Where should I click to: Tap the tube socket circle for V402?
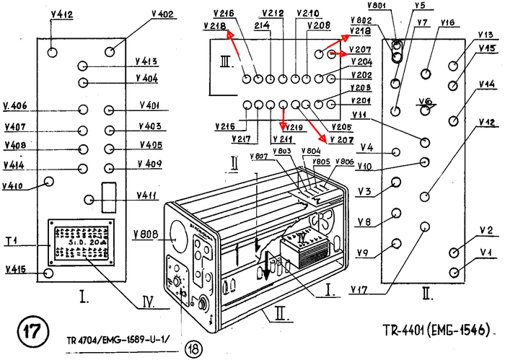(111, 51)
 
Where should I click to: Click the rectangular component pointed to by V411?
(110, 194)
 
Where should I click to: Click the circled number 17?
(32, 333)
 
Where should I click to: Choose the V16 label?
(447, 22)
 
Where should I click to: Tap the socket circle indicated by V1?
(454, 272)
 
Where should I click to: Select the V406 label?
(14, 105)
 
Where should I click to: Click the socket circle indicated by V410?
(49, 181)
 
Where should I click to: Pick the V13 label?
(485, 34)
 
